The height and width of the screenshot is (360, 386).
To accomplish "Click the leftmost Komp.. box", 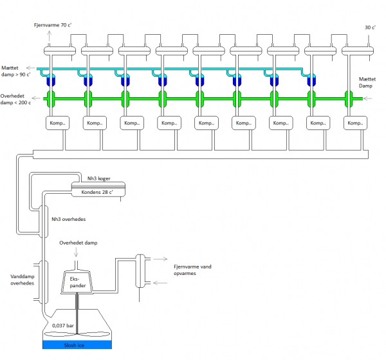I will click(58, 123).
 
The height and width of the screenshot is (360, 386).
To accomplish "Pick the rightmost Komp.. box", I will click(356, 123).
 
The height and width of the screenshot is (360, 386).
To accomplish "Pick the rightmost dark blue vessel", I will click(312, 82).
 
